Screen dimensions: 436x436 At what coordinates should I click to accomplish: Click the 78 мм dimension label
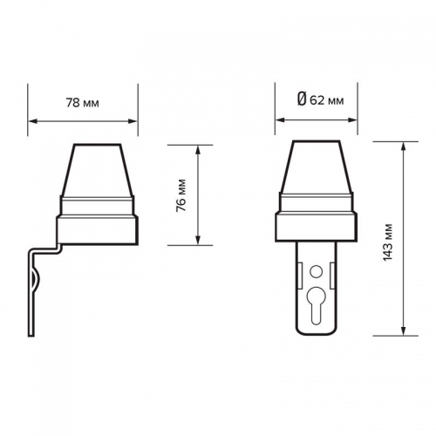[x=83, y=103]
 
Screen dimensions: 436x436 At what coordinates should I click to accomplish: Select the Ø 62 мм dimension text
[x=321, y=100]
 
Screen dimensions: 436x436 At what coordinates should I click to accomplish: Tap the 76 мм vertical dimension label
[x=181, y=195]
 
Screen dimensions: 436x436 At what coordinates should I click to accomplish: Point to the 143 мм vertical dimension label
[x=387, y=242]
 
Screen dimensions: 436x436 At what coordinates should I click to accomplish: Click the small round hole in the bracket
[x=316, y=272]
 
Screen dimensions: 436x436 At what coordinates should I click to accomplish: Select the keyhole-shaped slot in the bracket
[x=316, y=305]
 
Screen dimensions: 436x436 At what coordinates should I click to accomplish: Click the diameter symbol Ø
[x=302, y=99]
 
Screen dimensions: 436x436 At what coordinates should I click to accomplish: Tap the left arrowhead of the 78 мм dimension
[x=33, y=121]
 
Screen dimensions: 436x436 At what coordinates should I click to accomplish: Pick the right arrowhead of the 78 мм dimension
[x=133, y=121]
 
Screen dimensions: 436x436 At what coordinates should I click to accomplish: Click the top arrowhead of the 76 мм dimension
[x=198, y=150]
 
